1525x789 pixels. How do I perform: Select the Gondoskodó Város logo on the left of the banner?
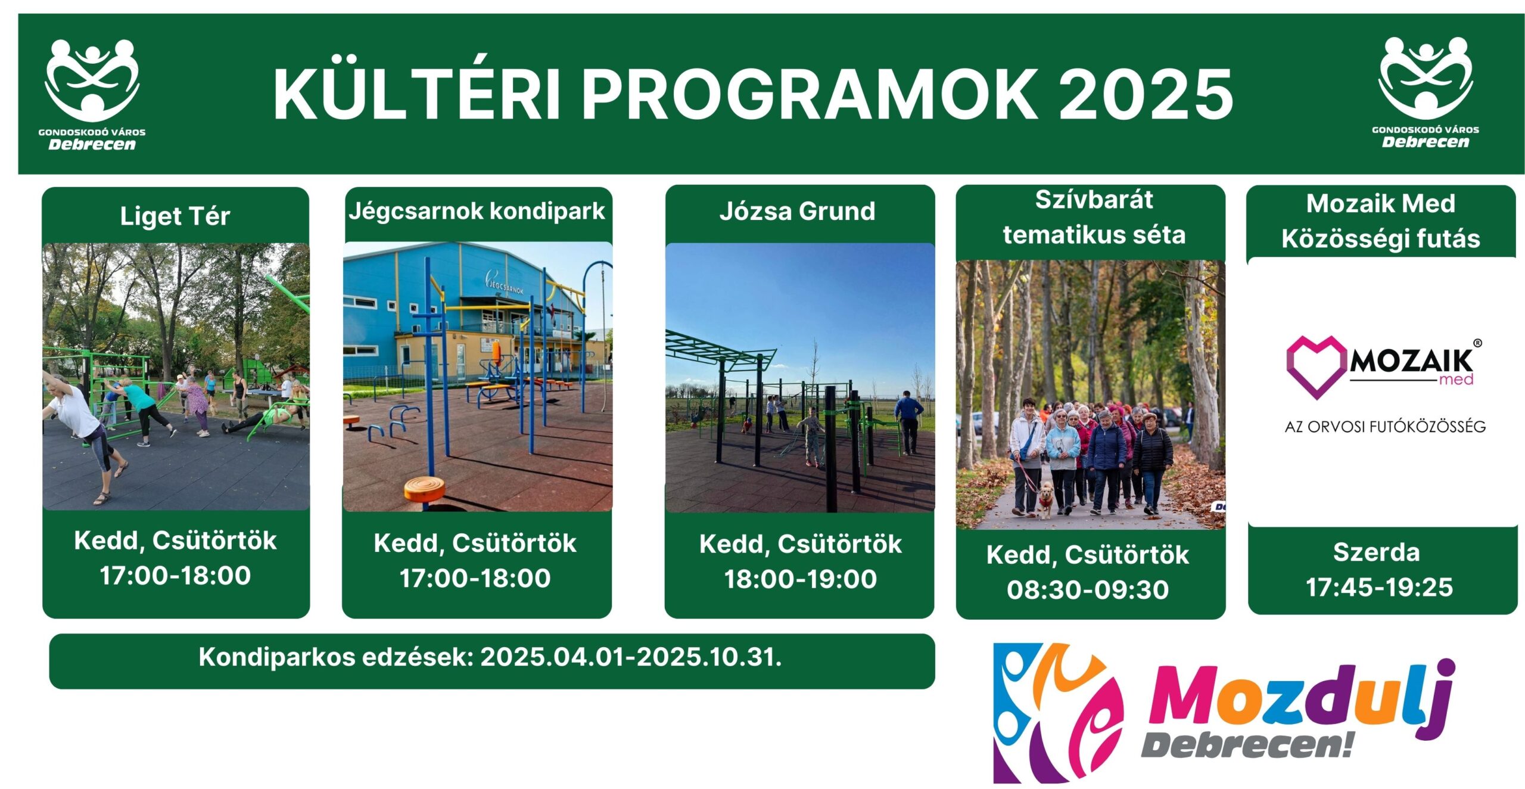click(x=92, y=95)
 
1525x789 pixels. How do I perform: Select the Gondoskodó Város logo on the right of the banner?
click(x=1425, y=92)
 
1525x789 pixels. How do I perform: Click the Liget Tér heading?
click(x=175, y=216)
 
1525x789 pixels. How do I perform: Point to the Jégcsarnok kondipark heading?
click(x=477, y=211)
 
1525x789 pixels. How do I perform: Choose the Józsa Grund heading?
click(x=797, y=211)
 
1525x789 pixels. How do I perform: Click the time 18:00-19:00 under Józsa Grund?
click(x=800, y=579)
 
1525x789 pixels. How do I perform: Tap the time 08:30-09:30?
click(x=1088, y=589)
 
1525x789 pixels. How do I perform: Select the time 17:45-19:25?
click(x=1380, y=587)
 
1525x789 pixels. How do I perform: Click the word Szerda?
click(x=1377, y=552)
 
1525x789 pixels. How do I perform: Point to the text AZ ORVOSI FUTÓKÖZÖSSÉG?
click(x=1385, y=427)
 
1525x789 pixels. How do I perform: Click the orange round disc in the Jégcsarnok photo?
click(x=424, y=490)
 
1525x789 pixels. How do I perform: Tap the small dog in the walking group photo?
click(x=1045, y=500)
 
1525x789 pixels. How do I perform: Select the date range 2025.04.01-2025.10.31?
click(x=631, y=657)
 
